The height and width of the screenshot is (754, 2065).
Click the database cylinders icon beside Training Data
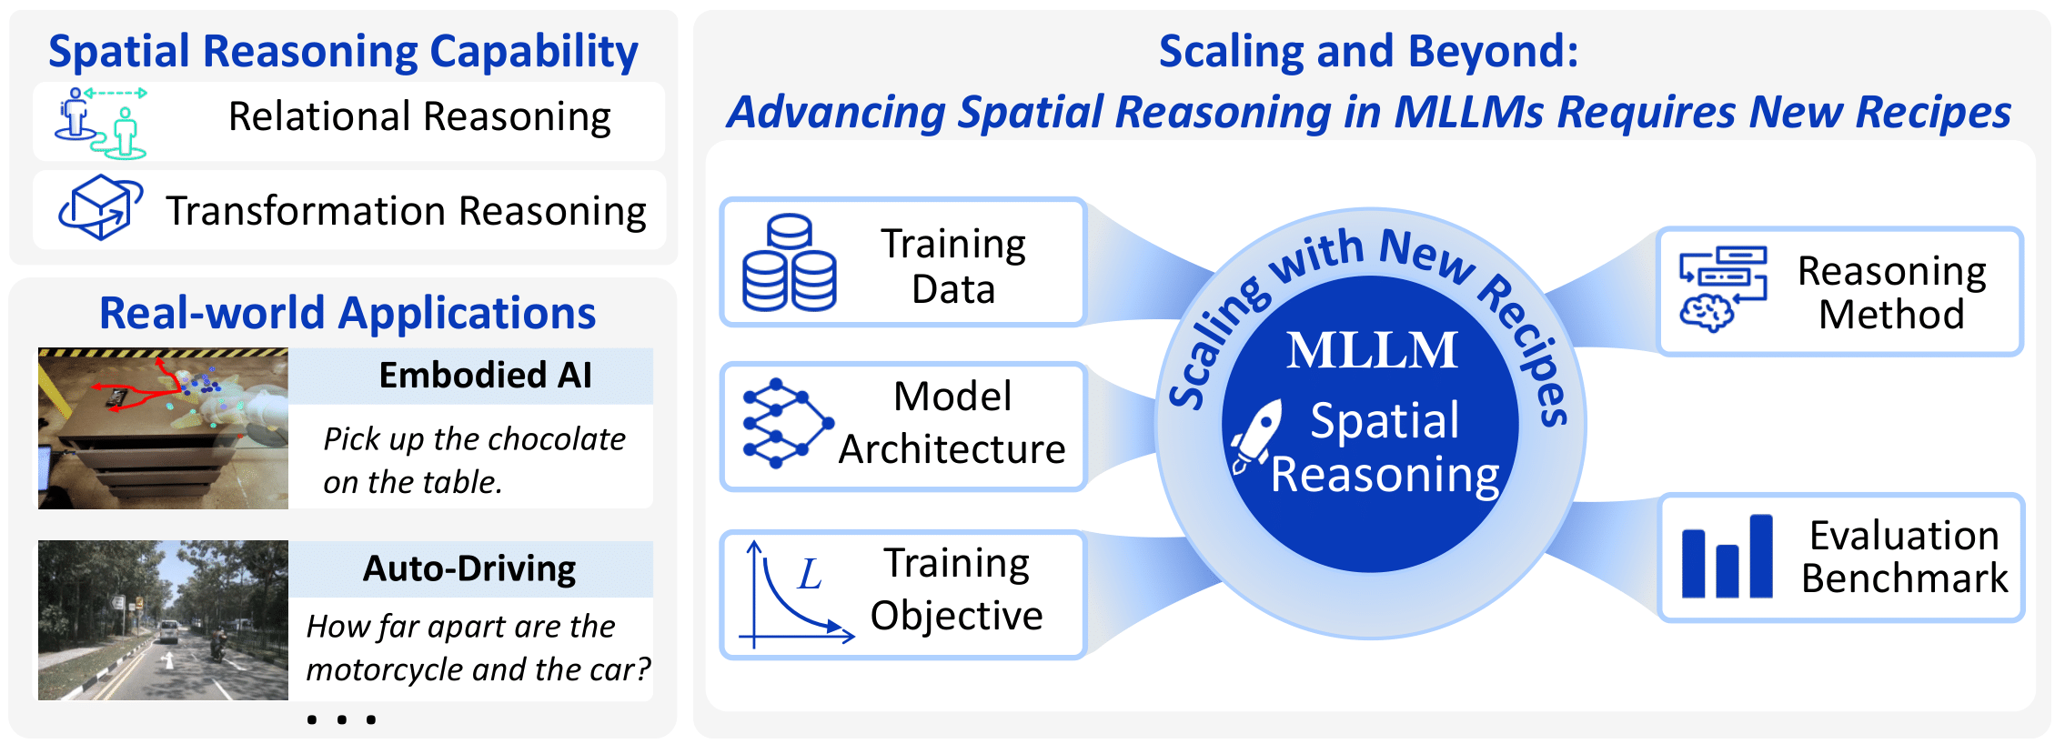(789, 263)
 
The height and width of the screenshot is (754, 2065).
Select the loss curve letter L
(809, 575)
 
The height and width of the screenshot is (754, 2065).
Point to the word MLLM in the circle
(1372, 350)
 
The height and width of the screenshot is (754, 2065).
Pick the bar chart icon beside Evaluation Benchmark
(1726, 558)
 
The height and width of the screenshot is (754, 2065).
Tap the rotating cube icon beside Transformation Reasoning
(100, 207)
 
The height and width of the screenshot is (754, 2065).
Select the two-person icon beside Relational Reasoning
(100, 122)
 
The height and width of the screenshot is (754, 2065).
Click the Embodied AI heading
(485, 375)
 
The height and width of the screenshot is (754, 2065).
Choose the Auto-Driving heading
(468, 568)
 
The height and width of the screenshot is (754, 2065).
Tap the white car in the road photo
(169, 629)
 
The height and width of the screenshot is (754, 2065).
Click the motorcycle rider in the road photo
(217, 648)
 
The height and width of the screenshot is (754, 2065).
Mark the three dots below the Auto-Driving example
(341, 719)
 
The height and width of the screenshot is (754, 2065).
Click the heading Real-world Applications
(347, 313)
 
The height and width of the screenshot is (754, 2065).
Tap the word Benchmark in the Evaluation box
(1904, 578)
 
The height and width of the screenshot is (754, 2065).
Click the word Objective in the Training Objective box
(956, 616)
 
